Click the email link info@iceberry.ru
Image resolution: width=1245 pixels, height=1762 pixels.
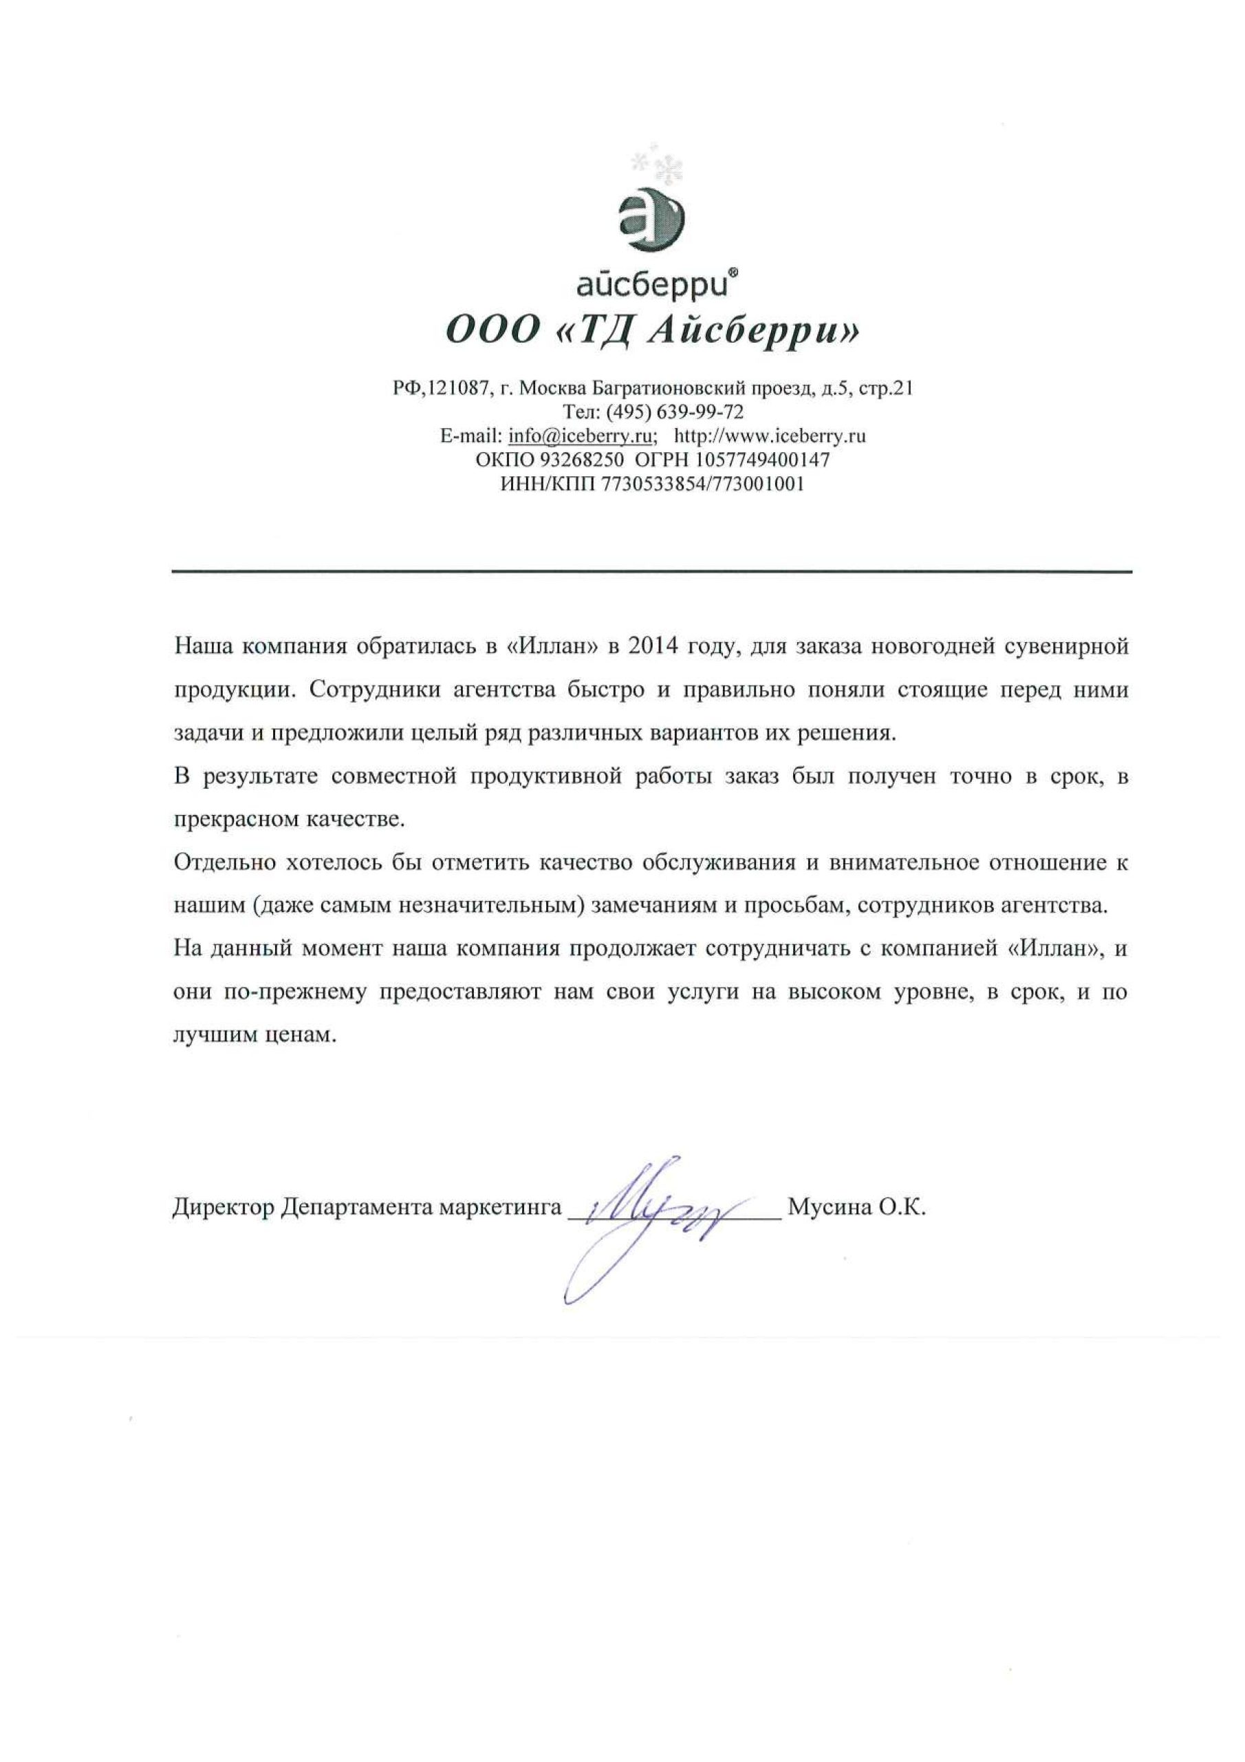pyautogui.click(x=580, y=436)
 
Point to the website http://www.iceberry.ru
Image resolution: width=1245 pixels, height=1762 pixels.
pyautogui.click(x=770, y=436)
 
